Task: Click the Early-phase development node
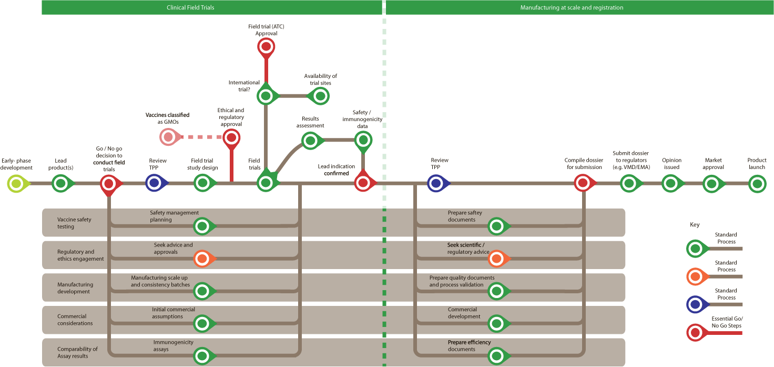click(17, 183)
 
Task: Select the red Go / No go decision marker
click(109, 183)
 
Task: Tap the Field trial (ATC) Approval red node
click(266, 47)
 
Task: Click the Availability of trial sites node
click(319, 96)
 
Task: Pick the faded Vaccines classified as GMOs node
click(168, 137)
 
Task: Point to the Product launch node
click(757, 184)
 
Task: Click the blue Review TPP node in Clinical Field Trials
click(154, 183)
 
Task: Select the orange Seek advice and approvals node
click(202, 259)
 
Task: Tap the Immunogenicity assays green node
click(202, 356)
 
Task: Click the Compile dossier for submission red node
click(583, 183)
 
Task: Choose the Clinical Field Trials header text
click(190, 7)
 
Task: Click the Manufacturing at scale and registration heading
click(572, 7)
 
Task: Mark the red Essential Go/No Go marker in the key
click(696, 332)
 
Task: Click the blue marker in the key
click(696, 304)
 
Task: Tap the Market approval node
click(711, 184)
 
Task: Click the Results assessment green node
click(310, 140)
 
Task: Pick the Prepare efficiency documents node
click(496, 356)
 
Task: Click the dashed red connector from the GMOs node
click(200, 137)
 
